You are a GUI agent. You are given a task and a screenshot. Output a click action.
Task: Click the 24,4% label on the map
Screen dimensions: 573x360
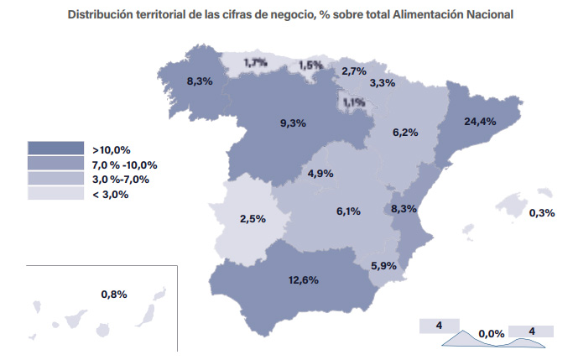480,122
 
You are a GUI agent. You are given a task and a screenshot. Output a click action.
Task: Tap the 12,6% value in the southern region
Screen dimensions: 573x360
304,280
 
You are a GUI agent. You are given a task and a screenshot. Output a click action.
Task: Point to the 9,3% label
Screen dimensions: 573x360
293,123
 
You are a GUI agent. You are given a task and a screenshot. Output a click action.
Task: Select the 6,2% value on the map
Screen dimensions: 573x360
405,133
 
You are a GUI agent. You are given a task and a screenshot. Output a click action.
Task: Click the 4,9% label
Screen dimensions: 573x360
320,174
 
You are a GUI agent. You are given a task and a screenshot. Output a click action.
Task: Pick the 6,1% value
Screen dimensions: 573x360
348,211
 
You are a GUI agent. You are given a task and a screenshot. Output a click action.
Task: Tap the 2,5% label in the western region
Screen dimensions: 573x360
253,219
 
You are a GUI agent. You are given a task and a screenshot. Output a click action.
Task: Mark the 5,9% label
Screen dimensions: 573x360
383,266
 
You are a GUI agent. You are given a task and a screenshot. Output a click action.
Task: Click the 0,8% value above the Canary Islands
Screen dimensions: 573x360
114,295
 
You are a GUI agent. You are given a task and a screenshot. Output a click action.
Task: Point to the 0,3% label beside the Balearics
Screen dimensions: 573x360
542,212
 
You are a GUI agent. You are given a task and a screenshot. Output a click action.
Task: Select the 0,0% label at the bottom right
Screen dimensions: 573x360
492,334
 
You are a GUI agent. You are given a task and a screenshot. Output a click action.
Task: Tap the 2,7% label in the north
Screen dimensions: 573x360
354,71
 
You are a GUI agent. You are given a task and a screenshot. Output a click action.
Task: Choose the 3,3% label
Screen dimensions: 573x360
383,83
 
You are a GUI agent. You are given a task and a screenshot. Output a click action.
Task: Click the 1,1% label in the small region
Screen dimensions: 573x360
354,102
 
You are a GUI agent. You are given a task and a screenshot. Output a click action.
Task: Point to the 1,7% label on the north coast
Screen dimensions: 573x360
255,63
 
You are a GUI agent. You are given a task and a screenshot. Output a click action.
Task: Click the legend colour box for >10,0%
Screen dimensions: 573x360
56,148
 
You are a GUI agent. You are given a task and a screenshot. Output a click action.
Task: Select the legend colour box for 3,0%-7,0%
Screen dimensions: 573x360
56,178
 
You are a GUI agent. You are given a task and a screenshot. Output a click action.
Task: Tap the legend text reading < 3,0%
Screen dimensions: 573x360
111,195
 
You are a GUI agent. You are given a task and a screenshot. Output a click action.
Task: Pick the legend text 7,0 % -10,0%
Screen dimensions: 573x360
125,165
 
